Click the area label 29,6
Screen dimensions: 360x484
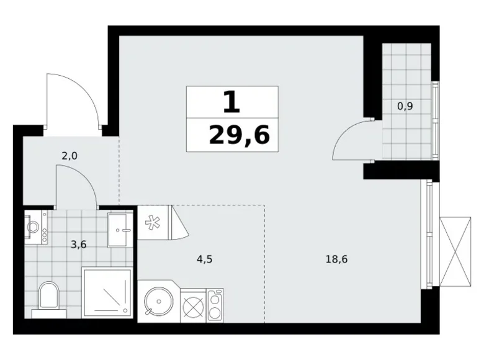pyautogui.click(x=239, y=135)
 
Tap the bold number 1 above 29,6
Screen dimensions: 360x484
pyautogui.click(x=231, y=102)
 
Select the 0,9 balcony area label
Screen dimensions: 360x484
pyautogui.click(x=405, y=106)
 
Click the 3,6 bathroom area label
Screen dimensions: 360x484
pyautogui.click(x=78, y=245)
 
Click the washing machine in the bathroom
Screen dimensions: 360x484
pyautogui.click(x=37, y=227)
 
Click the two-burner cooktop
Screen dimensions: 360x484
pyautogui.click(x=215, y=305)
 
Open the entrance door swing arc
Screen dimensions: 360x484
pyautogui.click(x=73, y=98)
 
